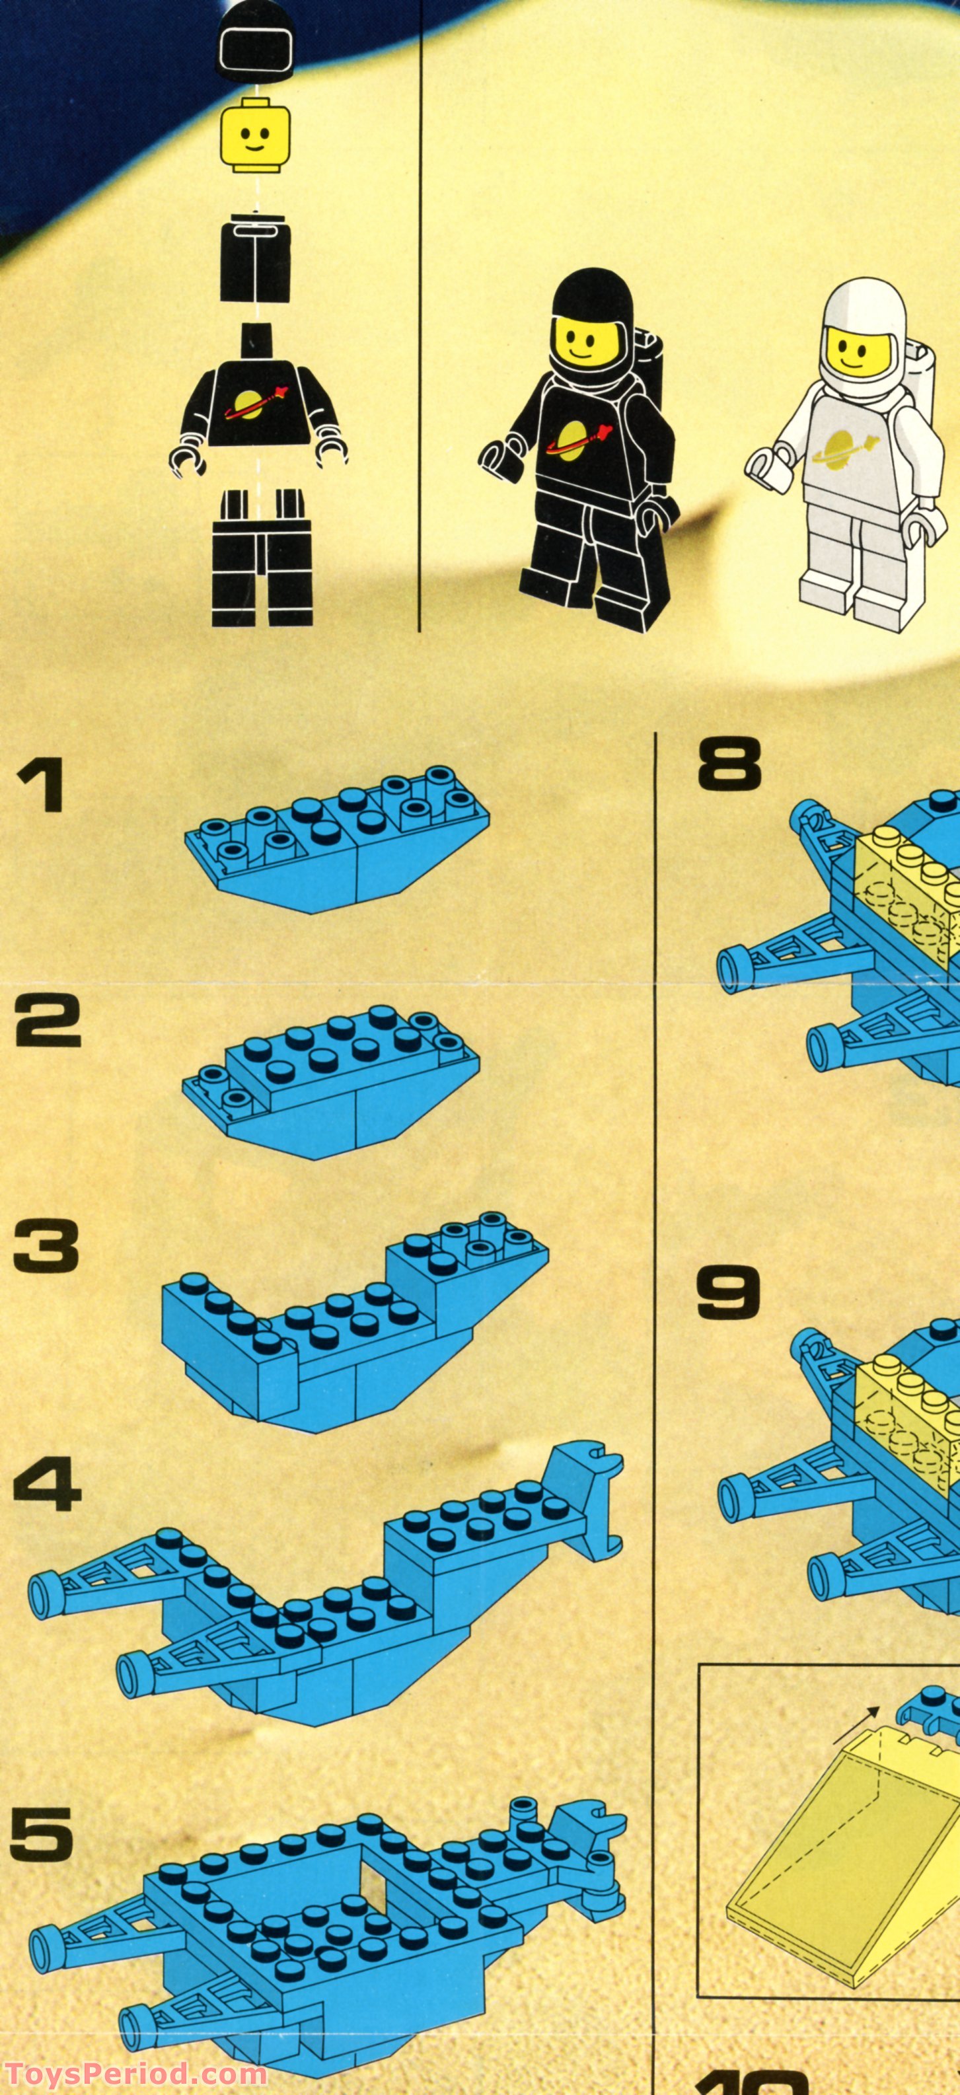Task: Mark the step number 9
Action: (728, 1291)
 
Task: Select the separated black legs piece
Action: (262, 557)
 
